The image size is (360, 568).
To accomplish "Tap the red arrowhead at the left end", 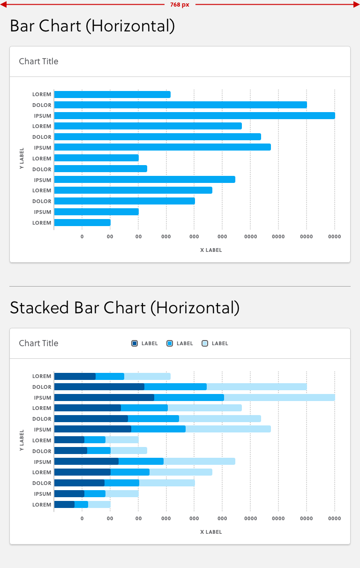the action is [3, 4].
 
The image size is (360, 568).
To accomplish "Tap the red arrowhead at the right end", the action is [357, 4].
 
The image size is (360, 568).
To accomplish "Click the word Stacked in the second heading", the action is [39, 308].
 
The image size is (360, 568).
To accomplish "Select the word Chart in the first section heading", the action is [60, 26].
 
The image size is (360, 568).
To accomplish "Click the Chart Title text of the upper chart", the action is [38, 61].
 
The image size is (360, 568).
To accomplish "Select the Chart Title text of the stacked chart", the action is [38, 343].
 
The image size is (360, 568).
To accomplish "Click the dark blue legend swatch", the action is [135, 343].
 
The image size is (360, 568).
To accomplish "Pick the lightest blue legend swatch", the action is [205, 343].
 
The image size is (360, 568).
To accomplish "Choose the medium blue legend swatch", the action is [170, 343].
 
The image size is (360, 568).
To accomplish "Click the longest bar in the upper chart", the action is [195, 116].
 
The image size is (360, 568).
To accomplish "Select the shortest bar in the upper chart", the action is [82, 223].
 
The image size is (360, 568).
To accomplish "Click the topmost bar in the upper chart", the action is [112, 95].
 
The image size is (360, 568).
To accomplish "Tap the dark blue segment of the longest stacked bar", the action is [104, 397].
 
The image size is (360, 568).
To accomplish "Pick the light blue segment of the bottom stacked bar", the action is [99, 504].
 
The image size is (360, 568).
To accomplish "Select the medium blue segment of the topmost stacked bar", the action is [110, 376].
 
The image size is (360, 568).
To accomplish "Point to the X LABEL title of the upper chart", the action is [211, 250].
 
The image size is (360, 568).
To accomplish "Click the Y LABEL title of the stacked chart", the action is [22, 440].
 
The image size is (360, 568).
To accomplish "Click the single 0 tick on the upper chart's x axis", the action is [82, 236].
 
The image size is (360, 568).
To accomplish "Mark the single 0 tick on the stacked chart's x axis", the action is [82, 518].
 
